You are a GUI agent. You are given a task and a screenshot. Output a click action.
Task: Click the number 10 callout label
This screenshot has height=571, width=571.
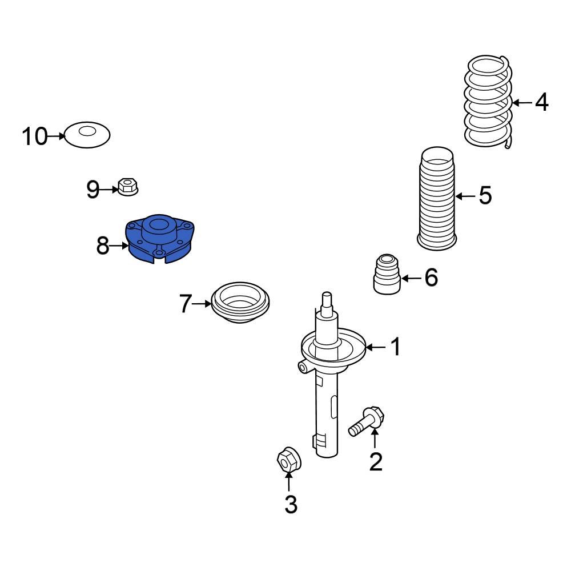[x=34, y=136]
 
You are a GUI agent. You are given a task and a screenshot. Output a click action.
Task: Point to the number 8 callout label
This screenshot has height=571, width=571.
[x=102, y=247]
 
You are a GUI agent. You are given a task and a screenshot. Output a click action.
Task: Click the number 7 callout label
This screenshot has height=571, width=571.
[x=185, y=304]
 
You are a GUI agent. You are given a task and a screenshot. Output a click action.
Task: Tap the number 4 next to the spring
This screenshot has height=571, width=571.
[x=541, y=103]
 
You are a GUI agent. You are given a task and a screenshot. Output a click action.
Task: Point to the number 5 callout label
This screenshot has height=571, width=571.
[x=485, y=196]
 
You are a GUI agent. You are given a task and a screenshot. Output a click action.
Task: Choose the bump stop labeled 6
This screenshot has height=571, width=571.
[x=387, y=274]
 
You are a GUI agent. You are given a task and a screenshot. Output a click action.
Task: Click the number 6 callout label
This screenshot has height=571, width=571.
[x=431, y=278]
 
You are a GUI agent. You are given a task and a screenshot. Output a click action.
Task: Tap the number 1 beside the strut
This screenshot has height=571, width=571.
[x=395, y=347]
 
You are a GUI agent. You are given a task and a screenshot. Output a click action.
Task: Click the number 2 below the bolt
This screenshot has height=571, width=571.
[x=375, y=461]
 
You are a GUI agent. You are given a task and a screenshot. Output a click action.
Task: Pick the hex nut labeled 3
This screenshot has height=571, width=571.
[x=288, y=459]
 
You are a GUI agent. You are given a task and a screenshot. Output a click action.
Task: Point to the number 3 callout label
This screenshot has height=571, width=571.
[x=291, y=504]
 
